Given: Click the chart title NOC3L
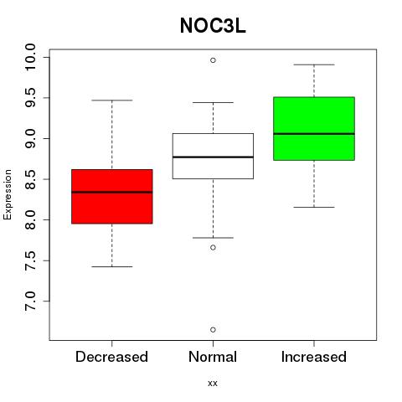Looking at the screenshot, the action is pos(213,26).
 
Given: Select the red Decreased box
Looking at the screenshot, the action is pos(112,197).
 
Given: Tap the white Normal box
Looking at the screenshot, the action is pos(213,156).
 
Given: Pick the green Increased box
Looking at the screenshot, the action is pos(314,129).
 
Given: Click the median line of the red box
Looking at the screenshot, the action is pos(112,192).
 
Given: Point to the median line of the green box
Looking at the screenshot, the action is pos(314,134).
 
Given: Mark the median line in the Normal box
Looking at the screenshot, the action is pos(213,157).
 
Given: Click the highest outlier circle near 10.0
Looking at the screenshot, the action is pos(213,60).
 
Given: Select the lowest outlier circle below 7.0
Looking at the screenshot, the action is pos(213,330).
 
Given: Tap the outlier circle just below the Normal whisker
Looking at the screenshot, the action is pos(213,247).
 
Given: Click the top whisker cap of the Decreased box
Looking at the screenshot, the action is pos(112,100).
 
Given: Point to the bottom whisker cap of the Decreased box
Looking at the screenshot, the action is pos(112,266).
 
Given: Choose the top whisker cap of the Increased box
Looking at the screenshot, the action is pos(314,64).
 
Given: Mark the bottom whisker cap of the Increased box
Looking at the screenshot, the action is pos(314,207).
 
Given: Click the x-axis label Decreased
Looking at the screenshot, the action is pos(111,357).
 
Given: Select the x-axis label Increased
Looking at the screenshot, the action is pos(314,357).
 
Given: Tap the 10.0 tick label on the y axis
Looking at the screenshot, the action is pos(30,58).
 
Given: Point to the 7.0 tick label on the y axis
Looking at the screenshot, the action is pos(30,301).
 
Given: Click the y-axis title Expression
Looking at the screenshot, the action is pos(8,194).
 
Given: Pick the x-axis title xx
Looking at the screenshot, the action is pos(213,384).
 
